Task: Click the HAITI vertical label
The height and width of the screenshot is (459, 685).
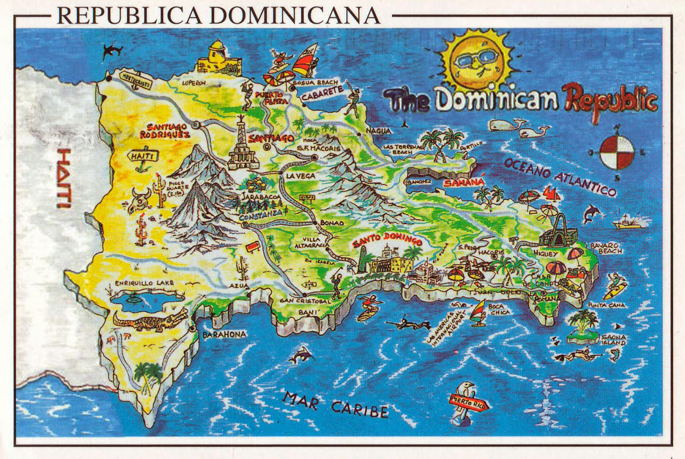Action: tap(64, 178)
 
